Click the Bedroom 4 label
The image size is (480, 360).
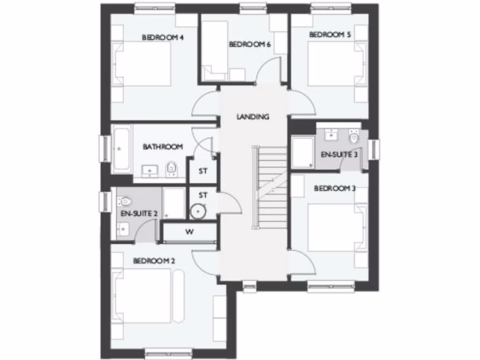point(162,37)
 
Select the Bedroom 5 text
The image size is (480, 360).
point(330,35)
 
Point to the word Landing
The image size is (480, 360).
point(253,116)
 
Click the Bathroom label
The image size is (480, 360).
point(163,147)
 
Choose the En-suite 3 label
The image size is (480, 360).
point(339,154)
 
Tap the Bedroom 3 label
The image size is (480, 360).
point(335,188)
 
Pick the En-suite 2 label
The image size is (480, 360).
point(139,214)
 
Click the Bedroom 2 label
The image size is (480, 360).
point(154,261)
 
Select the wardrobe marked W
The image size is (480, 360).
point(189,231)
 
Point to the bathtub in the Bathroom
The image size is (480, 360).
point(122,148)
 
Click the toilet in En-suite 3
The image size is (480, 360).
point(353,137)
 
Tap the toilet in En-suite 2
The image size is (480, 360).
point(125,202)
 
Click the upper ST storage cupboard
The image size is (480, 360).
point(202,171)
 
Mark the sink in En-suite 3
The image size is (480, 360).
point(332,133)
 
